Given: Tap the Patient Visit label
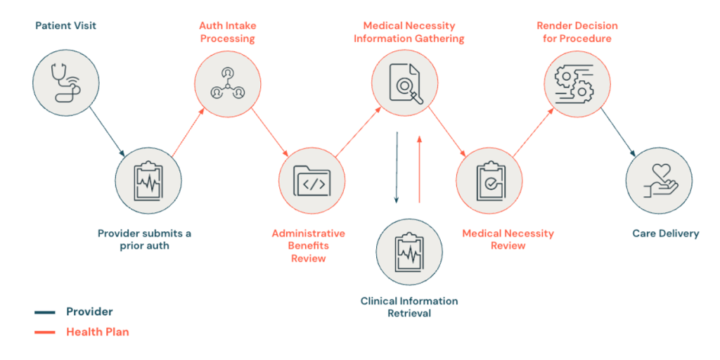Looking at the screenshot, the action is (66, 25).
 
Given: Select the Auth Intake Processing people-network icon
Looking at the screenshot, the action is (227, 84).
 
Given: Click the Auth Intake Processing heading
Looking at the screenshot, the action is (228, 32).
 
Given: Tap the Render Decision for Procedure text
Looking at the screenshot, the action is (577, 32).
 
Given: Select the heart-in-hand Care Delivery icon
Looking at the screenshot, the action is (660, 181).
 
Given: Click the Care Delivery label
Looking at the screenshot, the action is (666, 233).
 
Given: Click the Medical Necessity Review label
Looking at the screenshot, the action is (508, 240).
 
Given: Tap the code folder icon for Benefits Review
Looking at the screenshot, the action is (312, 181).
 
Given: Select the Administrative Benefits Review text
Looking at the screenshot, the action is (309, 245).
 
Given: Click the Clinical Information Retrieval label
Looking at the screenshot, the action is (409, 307).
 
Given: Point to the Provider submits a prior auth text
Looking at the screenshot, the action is (145, 240).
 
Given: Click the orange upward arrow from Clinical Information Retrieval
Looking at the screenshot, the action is (419, 169).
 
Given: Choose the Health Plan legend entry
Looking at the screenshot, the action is (82, 332).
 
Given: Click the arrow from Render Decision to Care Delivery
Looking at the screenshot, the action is (618, 131).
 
